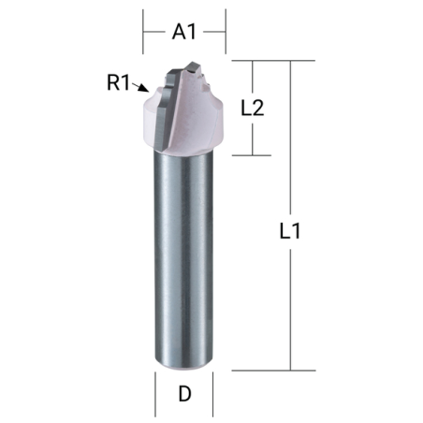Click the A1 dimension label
[x=184, y=32]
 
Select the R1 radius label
[x=118, y=82]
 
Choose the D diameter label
[x=184, y=394]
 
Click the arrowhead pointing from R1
[x=143, y=91]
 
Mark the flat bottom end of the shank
[x=185, y=367]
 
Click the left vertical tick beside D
[x=154, y=393]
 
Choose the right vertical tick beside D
[x=215, y=393]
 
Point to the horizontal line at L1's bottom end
[x=271, y=371]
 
